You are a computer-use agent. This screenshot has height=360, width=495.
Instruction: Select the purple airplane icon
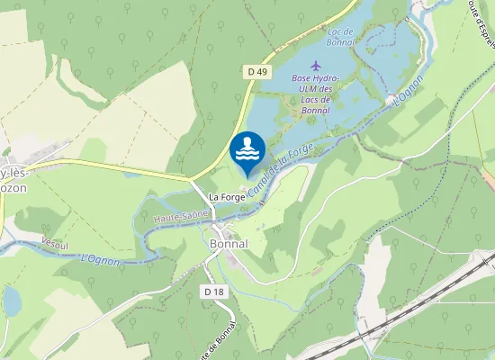[x=315, y=65]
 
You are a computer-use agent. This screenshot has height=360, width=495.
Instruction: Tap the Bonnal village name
[x=229, y=244]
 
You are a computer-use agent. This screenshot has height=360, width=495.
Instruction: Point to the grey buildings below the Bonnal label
[x=231, y=260]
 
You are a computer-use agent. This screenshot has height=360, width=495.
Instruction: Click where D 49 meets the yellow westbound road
[x=191, y=179]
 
